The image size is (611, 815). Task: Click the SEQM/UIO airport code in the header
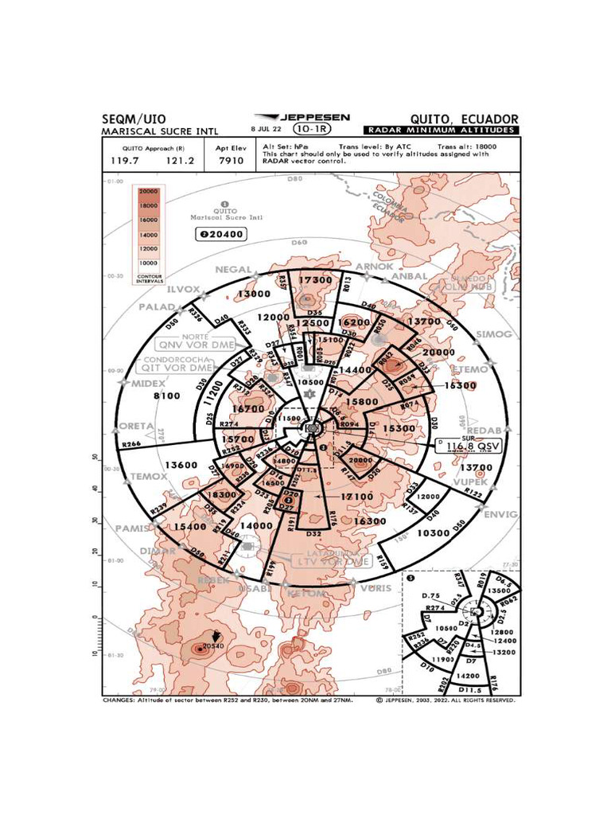point(134,119)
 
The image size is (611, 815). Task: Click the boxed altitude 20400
point(223,234)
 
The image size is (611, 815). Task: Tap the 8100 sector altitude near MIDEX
point(167,396)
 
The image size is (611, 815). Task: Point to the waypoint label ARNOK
point(373,267)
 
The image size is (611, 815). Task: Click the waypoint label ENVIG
point(500,513)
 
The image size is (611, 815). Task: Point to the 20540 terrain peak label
point(212,646)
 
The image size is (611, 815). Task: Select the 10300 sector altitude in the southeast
point(434,532)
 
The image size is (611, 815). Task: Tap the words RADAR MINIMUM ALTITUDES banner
point(440,131)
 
